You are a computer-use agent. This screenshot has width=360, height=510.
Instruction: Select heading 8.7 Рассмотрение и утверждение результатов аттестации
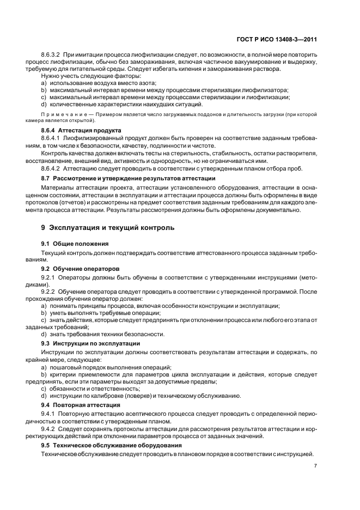pos(128,179)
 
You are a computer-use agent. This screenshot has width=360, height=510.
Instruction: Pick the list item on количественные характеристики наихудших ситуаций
pos(121,104)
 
